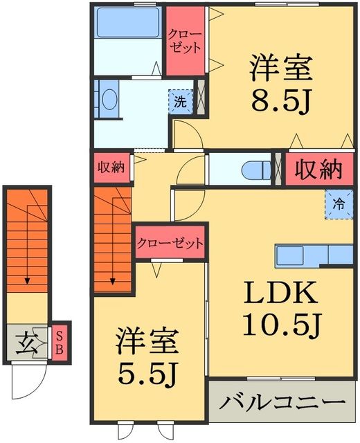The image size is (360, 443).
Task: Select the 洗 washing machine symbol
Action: (179, 102)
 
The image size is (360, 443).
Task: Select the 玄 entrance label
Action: (28, 343)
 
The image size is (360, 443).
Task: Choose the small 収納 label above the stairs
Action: (110, 167)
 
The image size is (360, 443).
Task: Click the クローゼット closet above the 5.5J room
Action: (170, 243)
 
